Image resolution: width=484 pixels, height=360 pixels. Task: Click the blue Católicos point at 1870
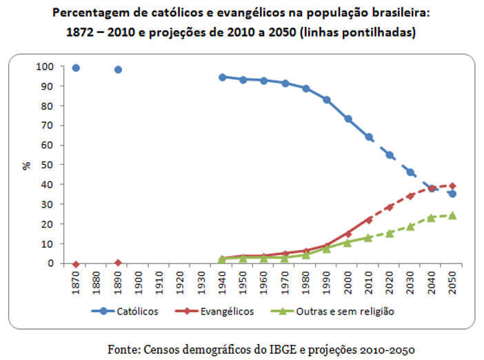point(76,68)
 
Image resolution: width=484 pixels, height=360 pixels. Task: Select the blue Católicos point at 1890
point(118,69)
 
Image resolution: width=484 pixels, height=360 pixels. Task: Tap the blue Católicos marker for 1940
point(223,77)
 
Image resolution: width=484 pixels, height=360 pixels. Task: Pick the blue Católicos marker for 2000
point(348,119)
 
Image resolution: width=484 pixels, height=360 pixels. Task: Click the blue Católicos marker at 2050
point(452,194)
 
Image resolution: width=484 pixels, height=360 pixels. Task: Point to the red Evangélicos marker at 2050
point(452,186)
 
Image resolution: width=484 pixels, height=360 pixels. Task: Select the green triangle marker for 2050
point(452,215)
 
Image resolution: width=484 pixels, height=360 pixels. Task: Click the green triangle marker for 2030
point(411,226)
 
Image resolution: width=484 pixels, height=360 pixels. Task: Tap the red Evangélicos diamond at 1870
point(76,264)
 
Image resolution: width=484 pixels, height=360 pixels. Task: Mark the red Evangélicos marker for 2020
point(390,207)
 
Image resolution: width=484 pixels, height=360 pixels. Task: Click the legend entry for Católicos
point(128,311)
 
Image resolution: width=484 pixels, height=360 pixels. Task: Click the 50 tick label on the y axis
point(47,165)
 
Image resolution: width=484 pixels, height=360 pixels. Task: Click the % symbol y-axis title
point(26,165)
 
